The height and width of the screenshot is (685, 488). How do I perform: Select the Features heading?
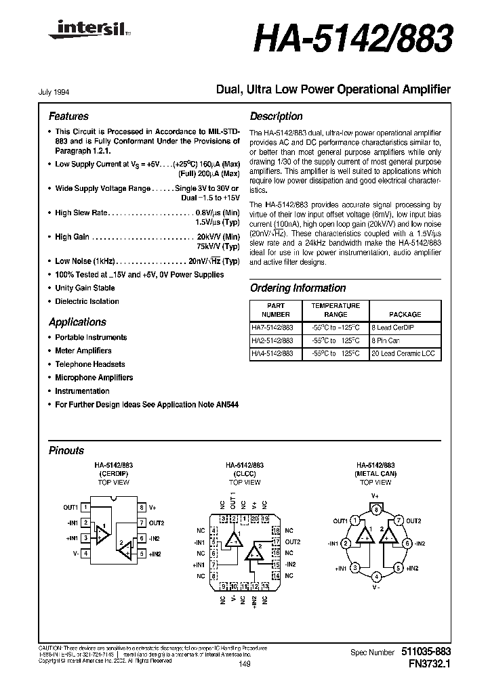pos(68,116)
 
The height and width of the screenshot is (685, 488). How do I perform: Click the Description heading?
pos(277,116)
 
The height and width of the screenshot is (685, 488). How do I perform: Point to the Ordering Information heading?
pos(298,288)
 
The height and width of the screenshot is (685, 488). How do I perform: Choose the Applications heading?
pos(77,322)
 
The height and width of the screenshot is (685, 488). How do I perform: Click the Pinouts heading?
pos(66,451)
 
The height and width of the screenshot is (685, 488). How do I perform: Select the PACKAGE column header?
pos(405,314)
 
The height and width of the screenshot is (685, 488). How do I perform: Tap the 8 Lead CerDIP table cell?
pos(394,328)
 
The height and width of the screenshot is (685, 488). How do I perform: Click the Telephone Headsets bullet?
pos(90,364)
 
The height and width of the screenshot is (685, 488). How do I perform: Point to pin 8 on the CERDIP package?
pos(141,507)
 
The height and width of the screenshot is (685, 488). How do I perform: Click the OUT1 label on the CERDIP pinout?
pos(70,507)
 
